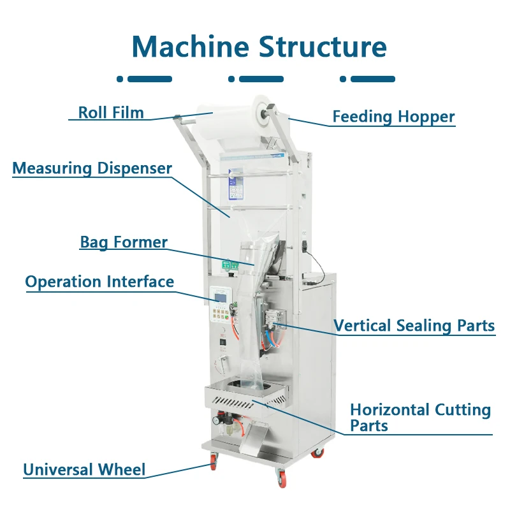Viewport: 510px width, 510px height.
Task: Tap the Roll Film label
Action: click(111, 113)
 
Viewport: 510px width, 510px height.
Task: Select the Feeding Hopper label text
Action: click(393, 117)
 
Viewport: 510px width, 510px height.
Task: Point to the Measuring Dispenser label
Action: click(92, 168)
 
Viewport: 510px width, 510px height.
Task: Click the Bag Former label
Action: click(124, 242)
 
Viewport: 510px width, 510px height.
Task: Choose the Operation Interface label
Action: click(99, 282)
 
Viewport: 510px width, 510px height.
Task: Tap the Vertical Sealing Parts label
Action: click(414, 326)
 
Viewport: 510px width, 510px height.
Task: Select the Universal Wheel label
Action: click(84, 470)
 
